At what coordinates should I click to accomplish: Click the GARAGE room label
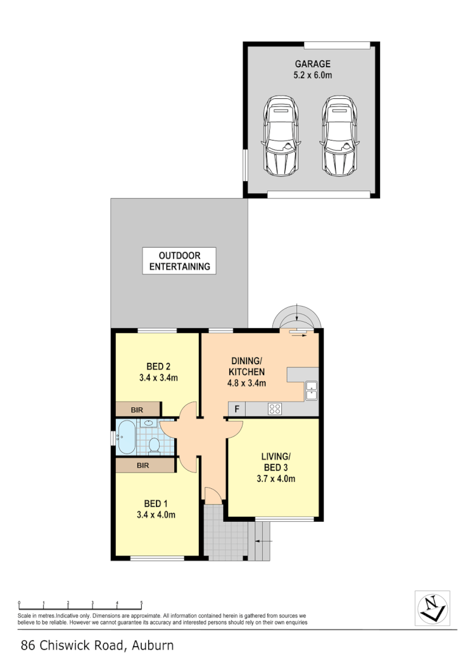(x=312, y=64)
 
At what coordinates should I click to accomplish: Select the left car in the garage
(x=281, y=136)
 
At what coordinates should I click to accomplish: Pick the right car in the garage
(x=339, y=136)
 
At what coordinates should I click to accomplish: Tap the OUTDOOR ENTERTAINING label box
(x=179, y=260)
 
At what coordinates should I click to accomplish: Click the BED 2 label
(x=158, y=366)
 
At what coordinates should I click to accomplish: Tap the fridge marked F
(x=236, y=409)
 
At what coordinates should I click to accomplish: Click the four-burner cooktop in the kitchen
(x=275, y=409)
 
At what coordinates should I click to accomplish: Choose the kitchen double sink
(x=312, y=390)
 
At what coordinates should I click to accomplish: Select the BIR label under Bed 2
(x=137, y=410)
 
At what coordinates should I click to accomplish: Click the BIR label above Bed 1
(x=142, y=466)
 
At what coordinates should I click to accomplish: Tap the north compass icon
(x=432, y=607)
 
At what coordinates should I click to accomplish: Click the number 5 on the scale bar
(x=141, y=603)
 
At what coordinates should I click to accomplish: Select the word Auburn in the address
(x=153, y=645)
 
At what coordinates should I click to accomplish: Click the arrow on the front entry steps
(x=263, y=542)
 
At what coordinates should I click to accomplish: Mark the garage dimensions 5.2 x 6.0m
(x=312, y=75)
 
